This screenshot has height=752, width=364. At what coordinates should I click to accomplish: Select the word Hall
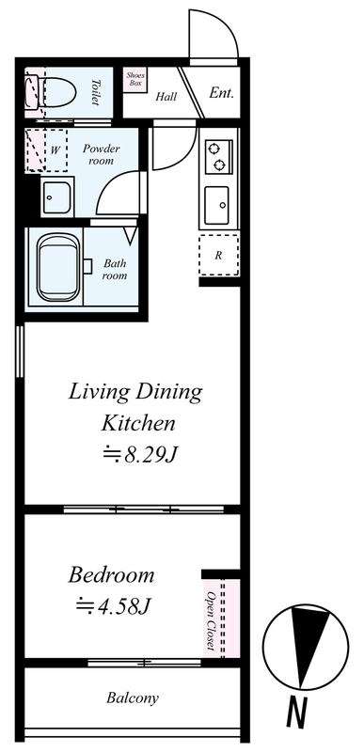pyautogui.click(x=166, y=97)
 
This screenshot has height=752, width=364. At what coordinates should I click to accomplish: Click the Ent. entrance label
pyautogui.click(x=221, y=93)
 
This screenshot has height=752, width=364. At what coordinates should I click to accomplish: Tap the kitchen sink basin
pyautogui.click(x=216, y=205)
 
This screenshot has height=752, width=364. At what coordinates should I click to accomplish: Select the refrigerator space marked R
pyautogui.click(x=219, y=255)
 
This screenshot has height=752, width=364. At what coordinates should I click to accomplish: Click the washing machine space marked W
pyautogui.click(x=46, y=150)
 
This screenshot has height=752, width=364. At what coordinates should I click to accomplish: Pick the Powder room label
pyautogui.click(x=102, y=154)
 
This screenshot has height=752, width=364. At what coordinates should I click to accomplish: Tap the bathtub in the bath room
pyautogui.click(x=57, y=267)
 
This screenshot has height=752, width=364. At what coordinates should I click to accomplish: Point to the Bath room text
pyautogui.click(x=115, y=269)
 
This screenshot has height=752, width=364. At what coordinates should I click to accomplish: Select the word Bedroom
pyautogui.click(x=111, y=574)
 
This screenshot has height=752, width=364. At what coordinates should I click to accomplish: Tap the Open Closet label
pyautogui.click(x=210, y=621)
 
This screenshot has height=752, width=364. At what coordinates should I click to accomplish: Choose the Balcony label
pyautogui.click(x=133, y=697)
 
